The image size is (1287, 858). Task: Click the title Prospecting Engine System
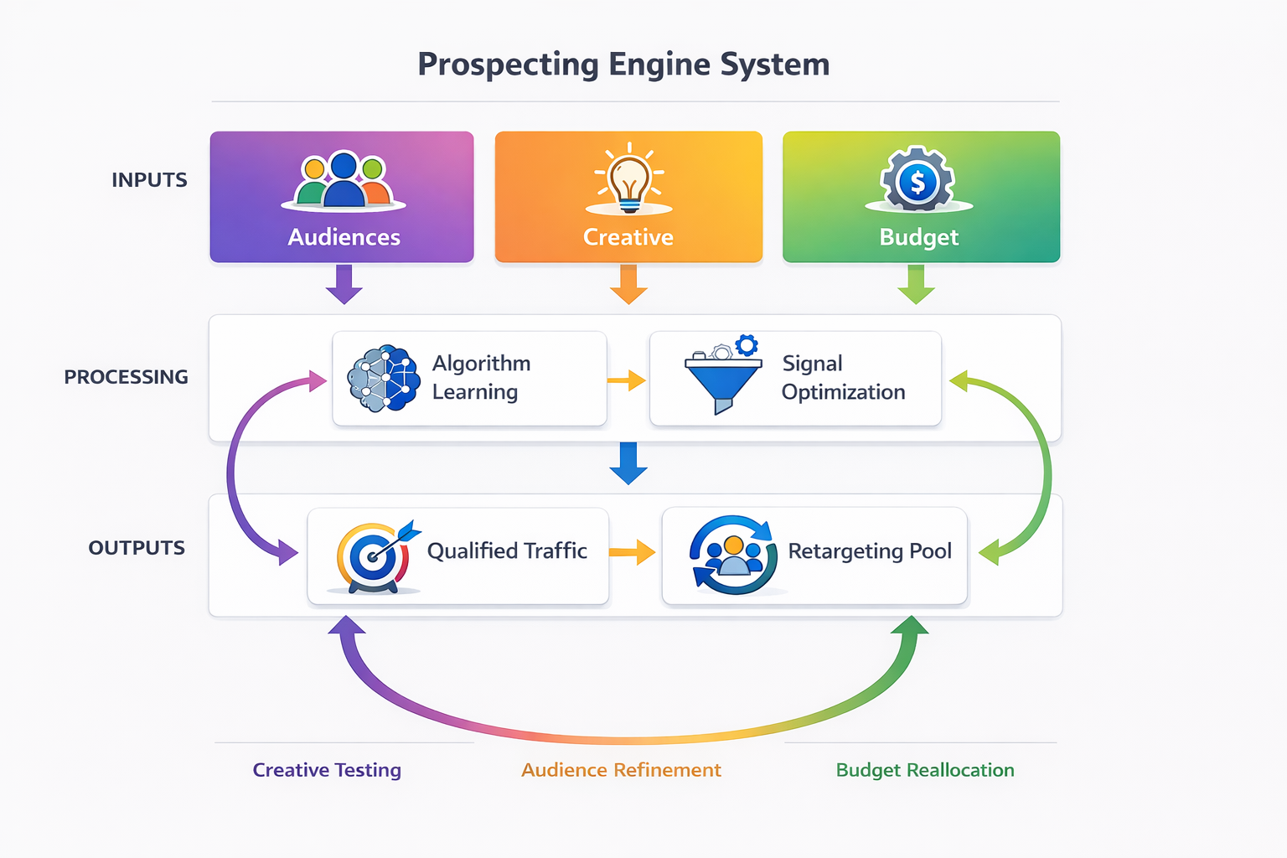tap(623, 65)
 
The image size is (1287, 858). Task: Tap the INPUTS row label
tap(149, 180)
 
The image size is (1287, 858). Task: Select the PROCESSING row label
tap(126, 377)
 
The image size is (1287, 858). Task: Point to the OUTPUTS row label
tap(137, 548)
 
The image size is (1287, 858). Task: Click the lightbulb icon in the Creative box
tap(628, 178)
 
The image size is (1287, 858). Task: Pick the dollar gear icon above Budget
tap(917, 179)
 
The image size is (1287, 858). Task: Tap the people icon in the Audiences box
tap(344, 179)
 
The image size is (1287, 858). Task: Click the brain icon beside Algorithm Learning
tap(384, 378)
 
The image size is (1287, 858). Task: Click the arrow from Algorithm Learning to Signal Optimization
tap(627, 381)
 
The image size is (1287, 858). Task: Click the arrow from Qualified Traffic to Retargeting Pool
tap(633, 552)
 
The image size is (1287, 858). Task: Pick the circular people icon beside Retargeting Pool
tap(733, 554)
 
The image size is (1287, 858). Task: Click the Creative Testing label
tap(327, 770)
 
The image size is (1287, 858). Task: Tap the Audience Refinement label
tap(621, 770)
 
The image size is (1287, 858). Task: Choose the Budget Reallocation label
tap(925, 770)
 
